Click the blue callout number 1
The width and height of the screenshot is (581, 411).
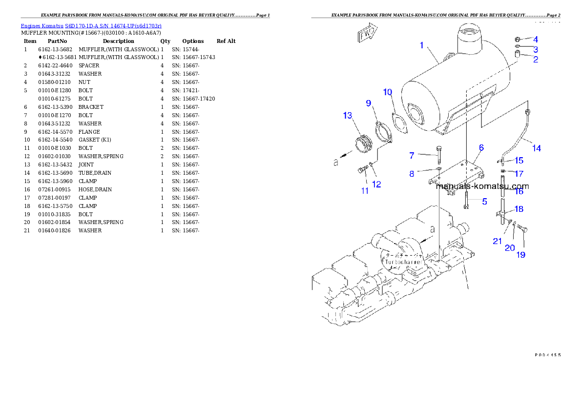(421, 45)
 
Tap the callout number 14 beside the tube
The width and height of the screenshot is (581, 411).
(536, 148)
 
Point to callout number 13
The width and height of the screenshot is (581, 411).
(347, 116)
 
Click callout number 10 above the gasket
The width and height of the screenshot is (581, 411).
(387, 92)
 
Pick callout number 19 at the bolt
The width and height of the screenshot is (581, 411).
(521, 255)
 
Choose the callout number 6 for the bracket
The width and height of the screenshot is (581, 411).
(481, 147)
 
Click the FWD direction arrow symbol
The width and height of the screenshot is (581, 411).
(367, 34)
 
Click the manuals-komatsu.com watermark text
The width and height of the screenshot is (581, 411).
(482, 186)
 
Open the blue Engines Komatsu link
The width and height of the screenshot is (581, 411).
(91, 25)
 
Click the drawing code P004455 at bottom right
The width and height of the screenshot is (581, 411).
(547, 354)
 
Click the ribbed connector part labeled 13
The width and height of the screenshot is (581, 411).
(363, 143)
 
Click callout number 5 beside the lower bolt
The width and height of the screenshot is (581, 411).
(484, 201)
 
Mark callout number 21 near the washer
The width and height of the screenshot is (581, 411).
(497, 241)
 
